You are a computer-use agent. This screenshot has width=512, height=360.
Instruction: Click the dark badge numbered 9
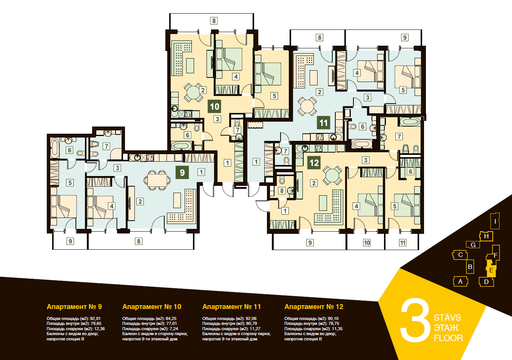(182, 172)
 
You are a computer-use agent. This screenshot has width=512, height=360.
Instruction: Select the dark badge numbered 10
(214, 107)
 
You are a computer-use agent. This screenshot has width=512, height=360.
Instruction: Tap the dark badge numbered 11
(324, 123)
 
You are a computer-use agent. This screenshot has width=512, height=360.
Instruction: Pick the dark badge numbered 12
(314, 162)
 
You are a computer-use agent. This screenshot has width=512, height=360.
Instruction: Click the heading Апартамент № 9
(74, 307)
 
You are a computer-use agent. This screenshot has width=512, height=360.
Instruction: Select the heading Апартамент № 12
(314, 307)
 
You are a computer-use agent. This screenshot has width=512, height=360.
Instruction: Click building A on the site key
(460, 281)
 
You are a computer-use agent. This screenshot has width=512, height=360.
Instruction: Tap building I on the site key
(495, 221)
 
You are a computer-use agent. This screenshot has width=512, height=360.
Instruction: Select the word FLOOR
(449, 338)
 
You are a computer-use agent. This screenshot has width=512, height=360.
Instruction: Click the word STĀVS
(447, 317)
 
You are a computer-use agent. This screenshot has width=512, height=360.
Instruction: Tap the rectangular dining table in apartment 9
(157, 180)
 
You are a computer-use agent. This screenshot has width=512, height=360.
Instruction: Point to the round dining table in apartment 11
(307, 106)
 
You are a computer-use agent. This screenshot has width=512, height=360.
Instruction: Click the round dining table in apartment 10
(193, 93)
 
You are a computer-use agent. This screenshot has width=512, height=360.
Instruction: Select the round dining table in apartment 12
(332, 176)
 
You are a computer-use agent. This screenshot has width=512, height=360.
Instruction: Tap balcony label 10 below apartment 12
(367, 243)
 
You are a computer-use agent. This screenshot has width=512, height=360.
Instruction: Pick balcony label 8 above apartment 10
(214, 21)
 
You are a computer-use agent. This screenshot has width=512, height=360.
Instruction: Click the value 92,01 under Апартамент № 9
(95, 318)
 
